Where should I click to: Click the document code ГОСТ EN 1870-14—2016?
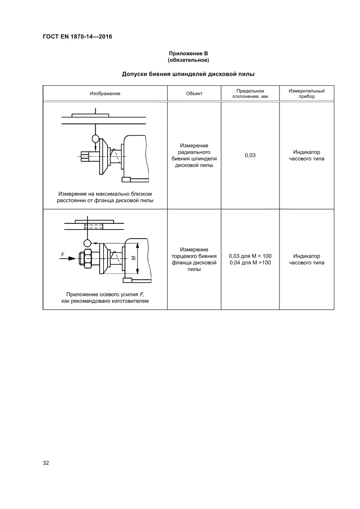(x=77, y=37)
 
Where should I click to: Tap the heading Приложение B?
(x=188, y=53)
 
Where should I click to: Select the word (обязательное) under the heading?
(x=188, y=59)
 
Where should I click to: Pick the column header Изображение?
(x=105, y=94)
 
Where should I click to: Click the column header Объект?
(x=194, y=94)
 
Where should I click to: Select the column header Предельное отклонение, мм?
(x=250, y=94)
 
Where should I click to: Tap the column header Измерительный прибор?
(x=307, y=94)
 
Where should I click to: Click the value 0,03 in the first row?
(x=250, y=155)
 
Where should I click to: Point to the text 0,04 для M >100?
(x=250, y=263)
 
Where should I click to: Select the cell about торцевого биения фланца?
(x=194, y=259)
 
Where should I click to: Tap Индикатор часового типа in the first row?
(x=307, y=155)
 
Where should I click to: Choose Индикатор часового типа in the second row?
(x=307, y=259)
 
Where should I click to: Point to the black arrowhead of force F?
(x=73, y=259)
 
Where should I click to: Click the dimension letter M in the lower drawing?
(x=134, y=258)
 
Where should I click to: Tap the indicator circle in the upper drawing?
(x=95, y=139)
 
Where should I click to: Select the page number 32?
(x=46, y=462)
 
